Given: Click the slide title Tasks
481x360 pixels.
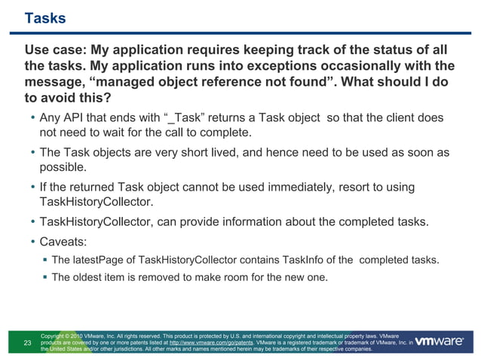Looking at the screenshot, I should (x=45, y=18).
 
